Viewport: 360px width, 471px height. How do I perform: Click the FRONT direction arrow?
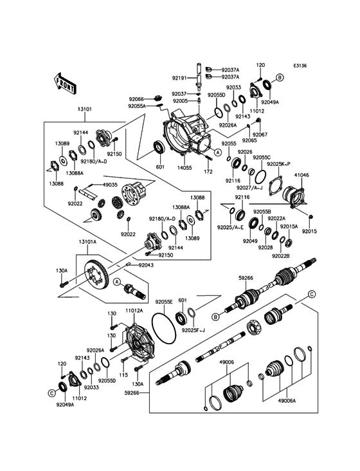65,84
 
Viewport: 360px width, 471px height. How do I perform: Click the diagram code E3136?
300,66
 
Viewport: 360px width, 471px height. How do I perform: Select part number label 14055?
184,168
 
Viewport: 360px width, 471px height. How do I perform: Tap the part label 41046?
301,175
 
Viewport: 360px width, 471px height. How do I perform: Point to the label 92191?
179,78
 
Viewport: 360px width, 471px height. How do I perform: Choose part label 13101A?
87,242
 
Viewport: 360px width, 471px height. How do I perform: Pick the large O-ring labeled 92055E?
163,328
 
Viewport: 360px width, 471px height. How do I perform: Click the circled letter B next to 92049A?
280,77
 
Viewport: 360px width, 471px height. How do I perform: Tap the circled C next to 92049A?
51,392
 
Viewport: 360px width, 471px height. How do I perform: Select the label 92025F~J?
194,330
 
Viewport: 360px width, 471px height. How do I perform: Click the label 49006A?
287,400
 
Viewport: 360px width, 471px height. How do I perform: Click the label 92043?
145,265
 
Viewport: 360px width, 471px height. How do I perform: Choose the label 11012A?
134,311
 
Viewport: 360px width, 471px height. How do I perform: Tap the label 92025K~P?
279,163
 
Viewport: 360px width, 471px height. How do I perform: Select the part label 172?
208,172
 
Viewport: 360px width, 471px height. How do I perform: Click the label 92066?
136,99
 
